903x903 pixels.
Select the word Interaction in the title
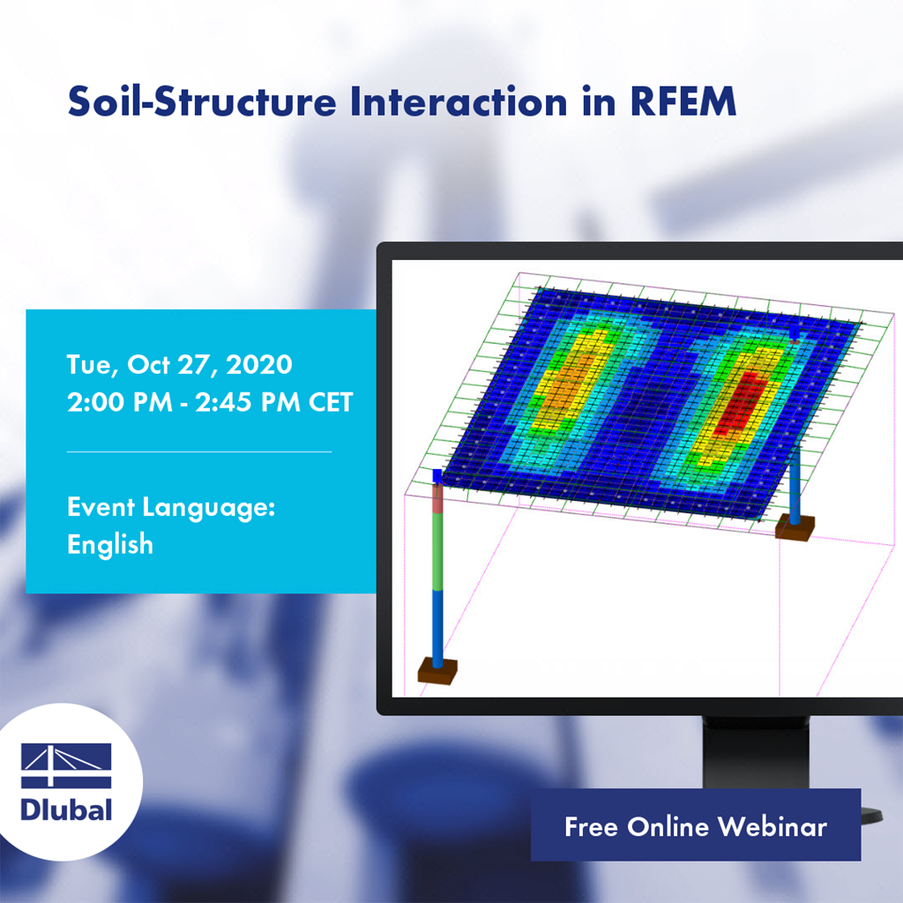coord(458,103)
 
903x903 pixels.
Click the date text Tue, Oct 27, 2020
coord(180,364)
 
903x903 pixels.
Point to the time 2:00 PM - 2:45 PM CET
coord(210,402)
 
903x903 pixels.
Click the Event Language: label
coord(172,508)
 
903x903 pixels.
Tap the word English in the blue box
coord(110,544)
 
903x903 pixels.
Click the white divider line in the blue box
coord(199,451)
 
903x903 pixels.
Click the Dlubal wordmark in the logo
coord(66,808)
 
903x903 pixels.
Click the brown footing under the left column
coord(437,670)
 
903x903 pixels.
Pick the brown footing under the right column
coord(795,527)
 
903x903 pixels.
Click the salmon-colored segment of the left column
coord(437,497)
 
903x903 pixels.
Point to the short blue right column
coord(795,485)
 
